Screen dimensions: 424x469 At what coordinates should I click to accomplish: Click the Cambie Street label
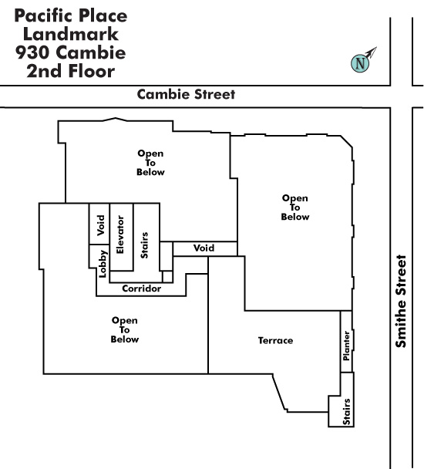coord(186,95)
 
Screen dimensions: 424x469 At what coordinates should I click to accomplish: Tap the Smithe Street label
coord(401,301)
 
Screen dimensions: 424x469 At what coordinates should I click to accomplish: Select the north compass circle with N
coord(360,63)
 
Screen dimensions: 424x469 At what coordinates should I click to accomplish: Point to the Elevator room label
coord(120,235)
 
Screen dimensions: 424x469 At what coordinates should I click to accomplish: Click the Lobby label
coord(103,264)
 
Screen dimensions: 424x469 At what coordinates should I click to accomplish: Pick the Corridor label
coord(141,288)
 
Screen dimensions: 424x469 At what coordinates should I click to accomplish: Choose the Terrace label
coord(275,340)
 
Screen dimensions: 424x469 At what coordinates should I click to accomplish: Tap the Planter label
coord(347,346)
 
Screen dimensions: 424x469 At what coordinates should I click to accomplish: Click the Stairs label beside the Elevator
coord(144,245)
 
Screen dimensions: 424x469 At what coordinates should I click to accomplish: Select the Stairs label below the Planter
coord(347,411)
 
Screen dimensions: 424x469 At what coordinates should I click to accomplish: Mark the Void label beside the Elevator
coord(101,225)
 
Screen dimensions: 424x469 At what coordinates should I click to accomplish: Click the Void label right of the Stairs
coord(204,248)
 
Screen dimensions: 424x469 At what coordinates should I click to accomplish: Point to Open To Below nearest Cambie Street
coord(150,163)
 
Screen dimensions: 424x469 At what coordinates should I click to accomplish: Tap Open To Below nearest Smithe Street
coord(294,208)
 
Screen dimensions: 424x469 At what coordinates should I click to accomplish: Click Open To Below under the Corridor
coord(125,329)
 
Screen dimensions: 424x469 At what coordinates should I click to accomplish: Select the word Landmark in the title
coord(71,34)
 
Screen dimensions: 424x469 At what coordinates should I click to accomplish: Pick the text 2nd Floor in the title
coord(71,71)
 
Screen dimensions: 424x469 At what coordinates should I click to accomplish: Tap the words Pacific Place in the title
coord(71,15)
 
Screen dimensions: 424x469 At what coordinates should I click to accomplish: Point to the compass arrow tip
coord(377,47)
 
